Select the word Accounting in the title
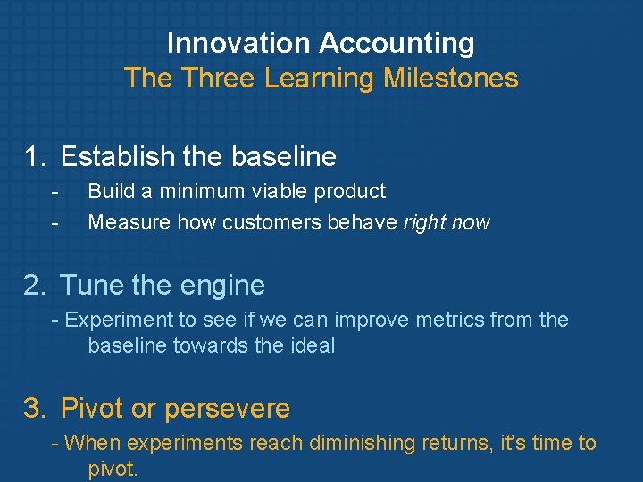click(397, 43)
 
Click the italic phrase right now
click(447, 222)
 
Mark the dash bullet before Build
click(55, 191)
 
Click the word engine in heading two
click(224, 286)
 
